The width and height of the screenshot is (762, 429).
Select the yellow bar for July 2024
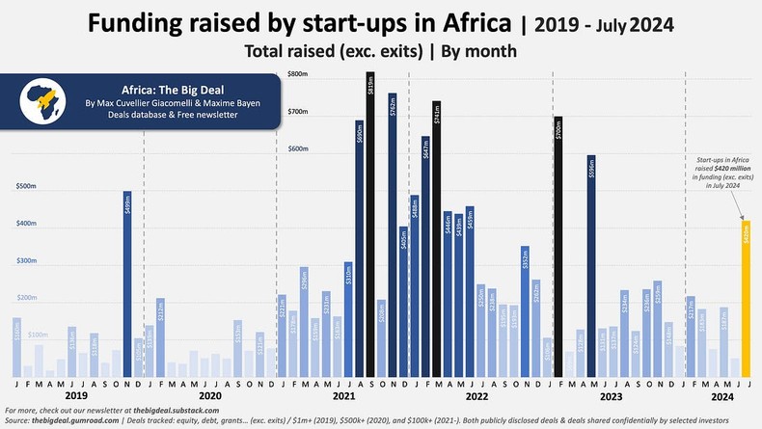click(x=745, y=299)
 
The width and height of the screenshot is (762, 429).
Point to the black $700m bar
click(x=558, y=246)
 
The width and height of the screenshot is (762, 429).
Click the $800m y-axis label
click(x=298, y=75)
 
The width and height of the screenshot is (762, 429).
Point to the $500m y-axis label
click(x=26, y=187)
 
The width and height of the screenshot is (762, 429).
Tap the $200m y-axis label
click(x=26, y=299)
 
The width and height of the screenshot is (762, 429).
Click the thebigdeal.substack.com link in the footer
click(x=180, y=412)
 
